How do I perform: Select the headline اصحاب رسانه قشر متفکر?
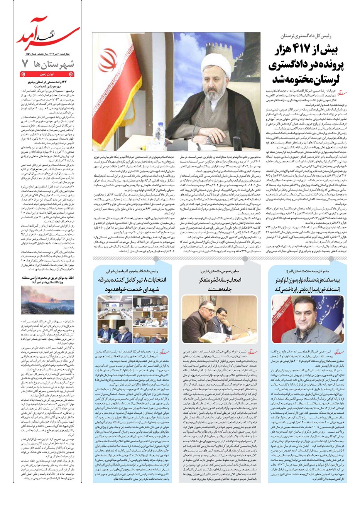click(219, 285)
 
